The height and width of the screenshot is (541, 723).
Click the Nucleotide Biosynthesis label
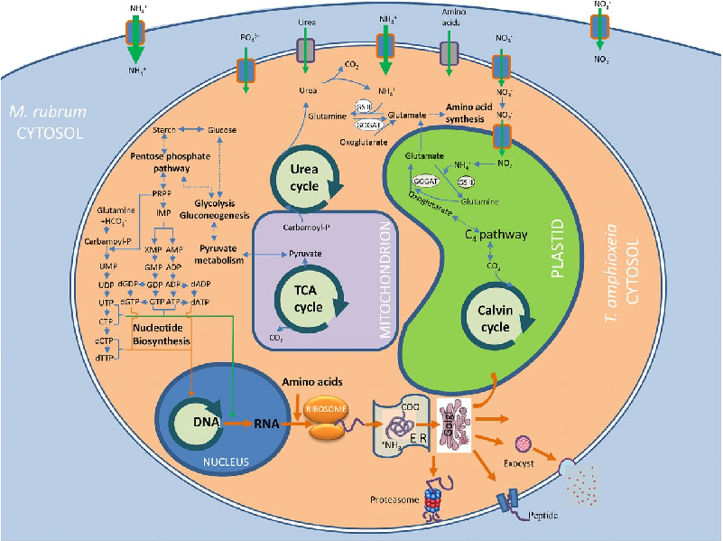162,335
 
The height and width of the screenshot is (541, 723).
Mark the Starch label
164,130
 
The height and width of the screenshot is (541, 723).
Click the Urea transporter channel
307,52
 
